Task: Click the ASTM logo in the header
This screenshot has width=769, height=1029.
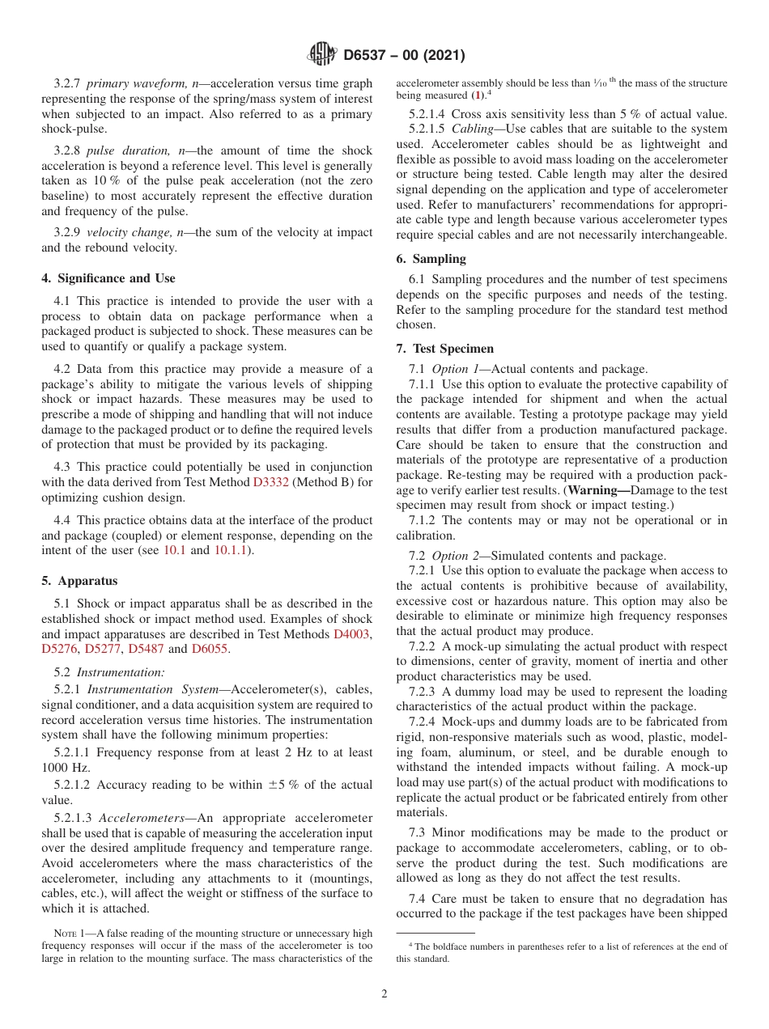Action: coord(322,55)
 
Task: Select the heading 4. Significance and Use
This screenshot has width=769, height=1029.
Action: coord(108,278)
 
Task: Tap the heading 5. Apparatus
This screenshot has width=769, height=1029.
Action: coord(79,581)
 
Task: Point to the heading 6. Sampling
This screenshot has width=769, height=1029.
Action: coord(431,259)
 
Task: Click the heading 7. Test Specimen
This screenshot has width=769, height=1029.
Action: coord(444,349)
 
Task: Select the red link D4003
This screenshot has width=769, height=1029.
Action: coord(353,633)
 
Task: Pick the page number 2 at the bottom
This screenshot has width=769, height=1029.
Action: coord(384,994)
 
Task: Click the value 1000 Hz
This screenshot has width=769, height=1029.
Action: coord(66,768)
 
